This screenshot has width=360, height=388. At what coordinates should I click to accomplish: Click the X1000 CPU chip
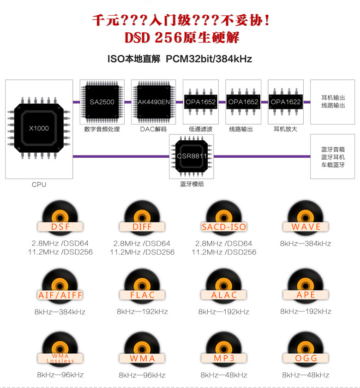pos(39,128)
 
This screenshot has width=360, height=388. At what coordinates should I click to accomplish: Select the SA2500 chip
pos(102,102)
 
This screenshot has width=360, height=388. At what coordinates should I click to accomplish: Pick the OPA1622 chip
pos(285,102)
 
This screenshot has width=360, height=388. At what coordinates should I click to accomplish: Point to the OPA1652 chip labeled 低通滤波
pos(200,102)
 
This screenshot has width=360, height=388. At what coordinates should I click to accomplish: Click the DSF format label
pos(60,227)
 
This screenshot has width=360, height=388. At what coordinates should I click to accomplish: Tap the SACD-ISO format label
pos(224,227)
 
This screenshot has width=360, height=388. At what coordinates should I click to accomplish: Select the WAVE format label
pos(306,227)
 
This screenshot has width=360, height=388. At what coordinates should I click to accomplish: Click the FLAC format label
pos(142,295)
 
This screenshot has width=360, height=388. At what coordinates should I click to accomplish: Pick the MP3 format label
pos(224,358)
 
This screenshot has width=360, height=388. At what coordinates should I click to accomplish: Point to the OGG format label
pos(306,358)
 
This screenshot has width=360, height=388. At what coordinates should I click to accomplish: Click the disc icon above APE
pos(306,281)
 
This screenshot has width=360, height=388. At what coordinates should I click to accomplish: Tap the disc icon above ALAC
pos(224,281)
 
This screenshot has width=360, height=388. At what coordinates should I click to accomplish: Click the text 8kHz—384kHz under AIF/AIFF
pos(60,312)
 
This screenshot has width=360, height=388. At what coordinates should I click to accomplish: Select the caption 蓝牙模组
pos(192,184)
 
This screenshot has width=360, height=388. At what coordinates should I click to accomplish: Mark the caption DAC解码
pos(153,129)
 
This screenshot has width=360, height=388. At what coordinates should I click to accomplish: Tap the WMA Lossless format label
pos(60,358)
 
